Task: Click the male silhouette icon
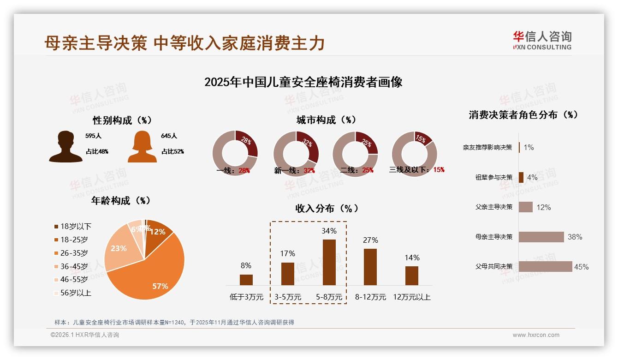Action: click(65, 146)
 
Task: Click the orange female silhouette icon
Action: click(142, 146)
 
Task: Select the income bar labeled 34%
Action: click(329, 262)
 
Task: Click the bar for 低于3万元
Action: click(246, 280)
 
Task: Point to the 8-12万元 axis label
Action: click(370, 297)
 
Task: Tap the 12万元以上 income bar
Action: click(412, 276)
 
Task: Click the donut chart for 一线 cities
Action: click(235, 153)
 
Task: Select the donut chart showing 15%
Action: click(414, 153)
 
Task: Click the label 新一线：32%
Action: click(294, 170)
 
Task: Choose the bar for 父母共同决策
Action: click(545, 266)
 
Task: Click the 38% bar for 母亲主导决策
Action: click(541, 237)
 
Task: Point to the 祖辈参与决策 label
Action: click(493, 177)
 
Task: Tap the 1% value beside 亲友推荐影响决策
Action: click(529, 147)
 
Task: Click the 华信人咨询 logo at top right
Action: click(542, 40)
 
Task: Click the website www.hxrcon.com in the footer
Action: click(535, 335)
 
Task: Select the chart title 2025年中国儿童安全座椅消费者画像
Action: click(303, 82)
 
